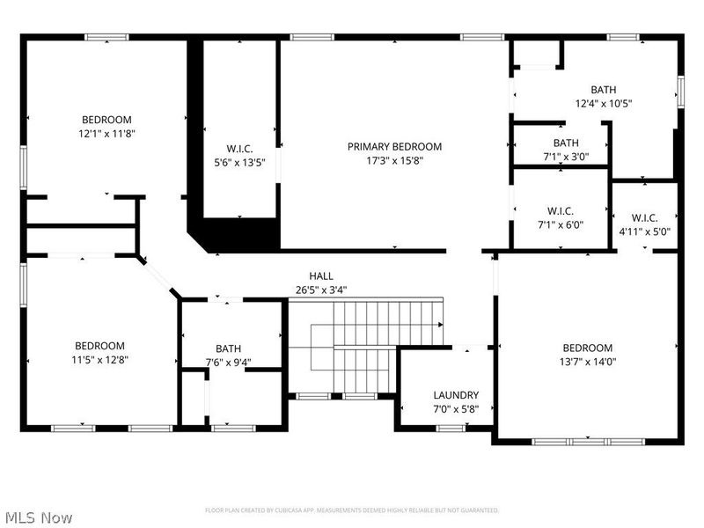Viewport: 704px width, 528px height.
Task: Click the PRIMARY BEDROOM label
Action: click(x=394, y=147)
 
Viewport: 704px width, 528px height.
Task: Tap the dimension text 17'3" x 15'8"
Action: click(x=394, y=161)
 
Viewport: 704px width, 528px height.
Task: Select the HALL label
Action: click(x=320, y=275)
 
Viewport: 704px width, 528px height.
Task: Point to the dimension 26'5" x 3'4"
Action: click(x=320, y=290)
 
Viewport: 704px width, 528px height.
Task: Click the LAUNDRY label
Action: click(x=456, y=395)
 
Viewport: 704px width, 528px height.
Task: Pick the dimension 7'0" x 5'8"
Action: click(x=456, y=409)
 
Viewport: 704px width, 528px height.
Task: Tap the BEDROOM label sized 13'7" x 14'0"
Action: click(x=587, y=348)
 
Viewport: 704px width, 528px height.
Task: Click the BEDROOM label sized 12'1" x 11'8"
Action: click(x=106, y=120)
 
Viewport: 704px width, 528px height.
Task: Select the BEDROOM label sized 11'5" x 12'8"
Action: click(x=99, y=346)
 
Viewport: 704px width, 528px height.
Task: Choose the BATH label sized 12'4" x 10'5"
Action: click(x=603, y=90)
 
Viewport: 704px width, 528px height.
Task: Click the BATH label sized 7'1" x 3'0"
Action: click(x=566, y=143)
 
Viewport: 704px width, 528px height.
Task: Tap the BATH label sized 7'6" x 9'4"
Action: click(x=228, y=348)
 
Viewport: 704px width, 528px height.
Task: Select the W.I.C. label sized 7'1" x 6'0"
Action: click(x=561, y=210)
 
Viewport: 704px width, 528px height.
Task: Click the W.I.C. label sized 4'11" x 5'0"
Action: click(x=644, y=218)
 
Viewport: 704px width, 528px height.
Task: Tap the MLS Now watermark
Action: click(x=39, y=517)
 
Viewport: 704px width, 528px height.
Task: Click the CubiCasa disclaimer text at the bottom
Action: click(x=352, y=510)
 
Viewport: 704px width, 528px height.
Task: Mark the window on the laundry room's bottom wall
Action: click(x=451, y=429)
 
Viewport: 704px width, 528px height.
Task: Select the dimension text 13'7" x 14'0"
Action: click(x=587, y=362)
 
